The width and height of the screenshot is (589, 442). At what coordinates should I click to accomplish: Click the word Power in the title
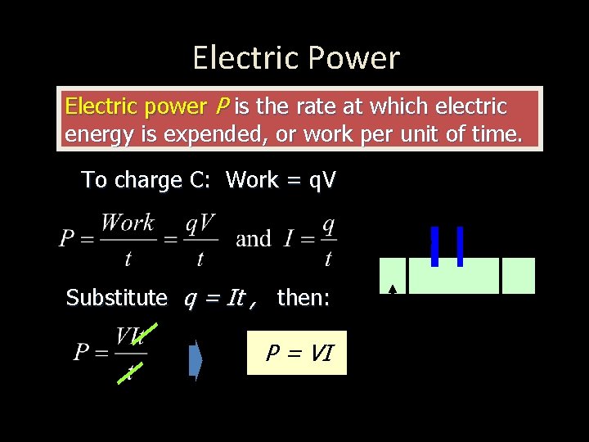point(360,58)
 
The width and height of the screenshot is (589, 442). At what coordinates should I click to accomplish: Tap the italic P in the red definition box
point(222,106)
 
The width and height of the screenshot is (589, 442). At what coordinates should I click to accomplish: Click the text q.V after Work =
point(321,180)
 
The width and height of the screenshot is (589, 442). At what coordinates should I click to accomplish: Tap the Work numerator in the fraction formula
point(127,223)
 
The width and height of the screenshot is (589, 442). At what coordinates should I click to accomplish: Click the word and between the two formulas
point(253,239)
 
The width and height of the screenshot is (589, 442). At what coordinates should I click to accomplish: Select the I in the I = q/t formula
point(289,239)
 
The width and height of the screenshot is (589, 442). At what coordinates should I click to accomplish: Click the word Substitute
point(116,298)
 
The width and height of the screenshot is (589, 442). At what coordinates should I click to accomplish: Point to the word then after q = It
point(303,298)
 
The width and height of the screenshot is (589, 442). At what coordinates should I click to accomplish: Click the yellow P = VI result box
point(296,353)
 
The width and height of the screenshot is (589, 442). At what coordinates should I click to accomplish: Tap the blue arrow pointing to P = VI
point(196,361)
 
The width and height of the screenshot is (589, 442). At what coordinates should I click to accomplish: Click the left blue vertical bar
point(434,246)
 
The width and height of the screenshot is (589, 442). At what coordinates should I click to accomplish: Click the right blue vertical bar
point(460,246)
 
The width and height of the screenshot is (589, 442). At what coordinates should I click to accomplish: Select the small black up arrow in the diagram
point(393,289)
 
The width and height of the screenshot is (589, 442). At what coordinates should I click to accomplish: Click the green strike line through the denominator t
point(131,372)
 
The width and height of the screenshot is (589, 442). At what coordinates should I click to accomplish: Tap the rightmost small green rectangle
point(518,276)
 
